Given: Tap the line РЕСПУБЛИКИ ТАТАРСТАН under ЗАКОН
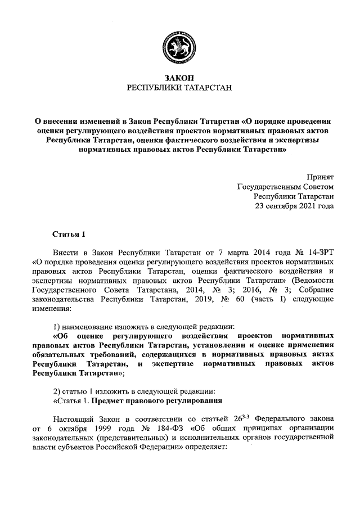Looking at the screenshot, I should click(179, 88).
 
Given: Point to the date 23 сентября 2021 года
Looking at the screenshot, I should click(294, 206).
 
